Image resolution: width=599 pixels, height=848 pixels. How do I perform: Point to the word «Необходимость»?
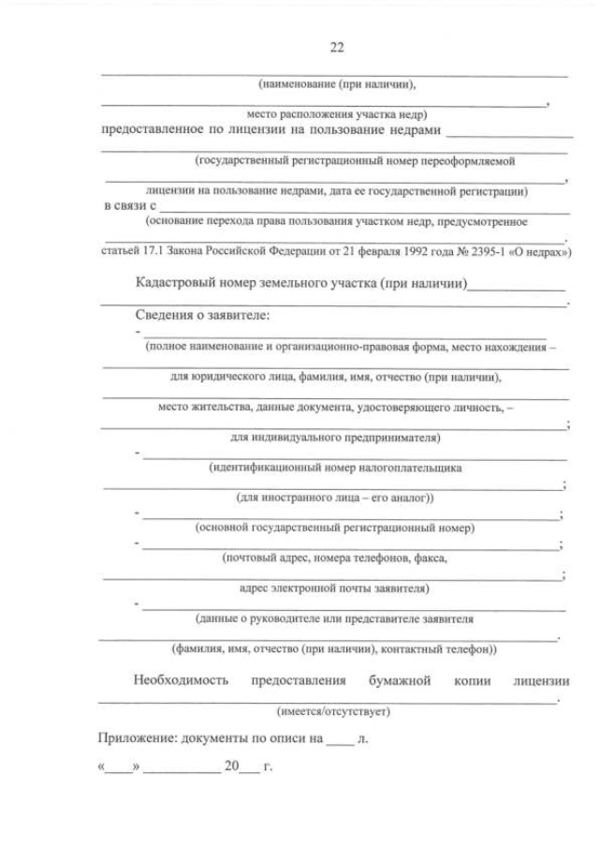(181, 680)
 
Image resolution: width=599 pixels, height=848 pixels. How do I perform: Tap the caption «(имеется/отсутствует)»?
(333, 711)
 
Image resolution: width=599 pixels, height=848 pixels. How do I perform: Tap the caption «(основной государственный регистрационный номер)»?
(334, 528)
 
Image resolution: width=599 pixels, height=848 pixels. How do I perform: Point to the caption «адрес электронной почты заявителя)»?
(334, 588)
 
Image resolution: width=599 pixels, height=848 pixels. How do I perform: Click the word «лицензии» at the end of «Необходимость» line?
(542, 680)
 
